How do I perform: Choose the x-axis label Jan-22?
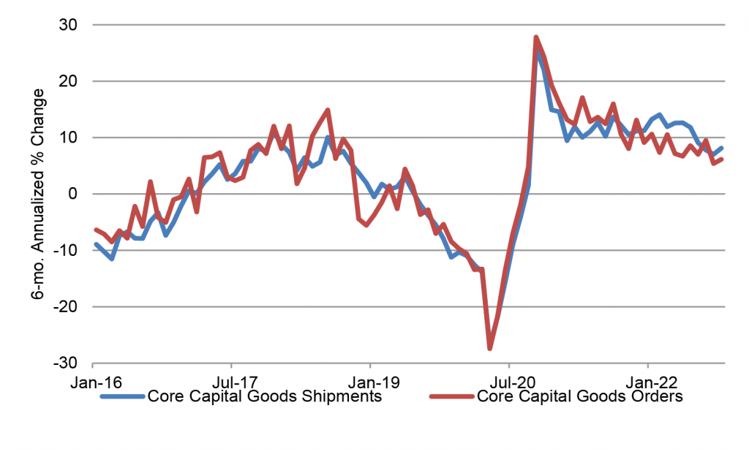point(647,382)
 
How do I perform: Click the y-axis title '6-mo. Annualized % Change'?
point(37,194)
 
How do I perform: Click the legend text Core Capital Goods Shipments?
point(264,397)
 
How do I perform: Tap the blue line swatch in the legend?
point(122,397)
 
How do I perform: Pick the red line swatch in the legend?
point(451,397)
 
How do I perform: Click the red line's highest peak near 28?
point(536,37)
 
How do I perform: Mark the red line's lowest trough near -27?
point(490,348)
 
